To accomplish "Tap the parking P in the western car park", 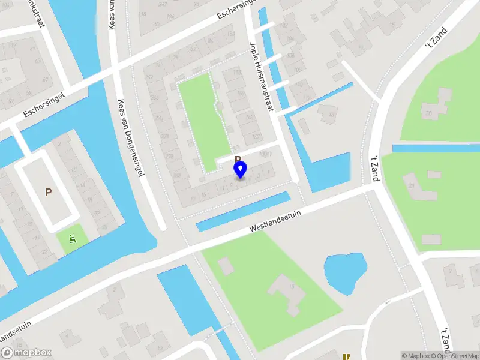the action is coord(48,192).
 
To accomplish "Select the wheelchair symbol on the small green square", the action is coord(73,239).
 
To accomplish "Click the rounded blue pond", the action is coord(344,272).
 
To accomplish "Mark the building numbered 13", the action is coord(328,113).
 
